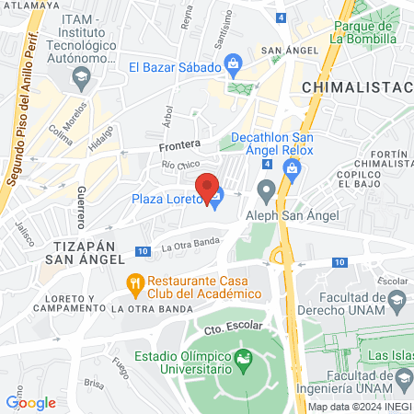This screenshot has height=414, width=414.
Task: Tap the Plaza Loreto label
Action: [x=167, y=200]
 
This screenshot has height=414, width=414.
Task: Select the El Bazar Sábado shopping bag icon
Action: [x=234, y=65]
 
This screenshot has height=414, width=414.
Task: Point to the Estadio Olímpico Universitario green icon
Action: [x=244, y=357]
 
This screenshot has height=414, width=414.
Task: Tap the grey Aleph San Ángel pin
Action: [x=267, y=191]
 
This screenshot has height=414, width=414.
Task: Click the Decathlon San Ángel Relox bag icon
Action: [x=293, y=167]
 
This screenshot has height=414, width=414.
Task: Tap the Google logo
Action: [x=30, y=402]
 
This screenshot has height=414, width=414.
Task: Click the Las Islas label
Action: [x=387, y=355]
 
